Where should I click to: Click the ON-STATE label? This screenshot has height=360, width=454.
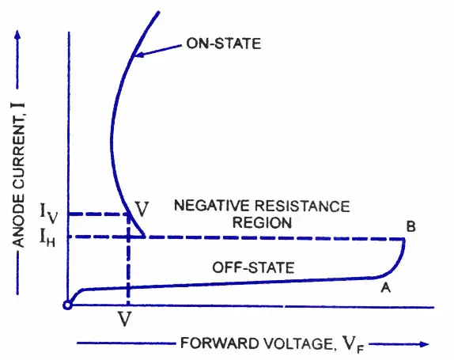point(224,44)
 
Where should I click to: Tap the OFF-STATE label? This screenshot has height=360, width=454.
point(253,267)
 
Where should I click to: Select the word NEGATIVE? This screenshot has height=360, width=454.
point(211,206)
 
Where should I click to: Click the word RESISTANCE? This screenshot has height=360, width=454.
point(302,207)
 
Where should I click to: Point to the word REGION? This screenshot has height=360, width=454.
point(262,222)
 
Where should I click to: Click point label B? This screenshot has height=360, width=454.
point(411,226)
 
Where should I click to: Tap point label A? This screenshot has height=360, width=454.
point(386,287)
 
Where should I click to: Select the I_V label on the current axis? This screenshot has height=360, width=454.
point(49,213)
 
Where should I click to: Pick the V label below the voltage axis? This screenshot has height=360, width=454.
point(125,319)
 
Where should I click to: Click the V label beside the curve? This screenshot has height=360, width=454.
point(142,209)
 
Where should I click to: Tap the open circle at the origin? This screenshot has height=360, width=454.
point(67,305)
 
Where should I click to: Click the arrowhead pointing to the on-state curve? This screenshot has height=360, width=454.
point(139,55)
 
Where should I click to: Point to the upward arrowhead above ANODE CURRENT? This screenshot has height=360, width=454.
point(17,35)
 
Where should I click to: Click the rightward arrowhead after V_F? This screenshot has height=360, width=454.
point(424,344)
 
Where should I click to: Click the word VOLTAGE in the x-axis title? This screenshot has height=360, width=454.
point(299,344)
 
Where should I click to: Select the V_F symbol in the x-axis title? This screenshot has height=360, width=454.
point(354,345)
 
